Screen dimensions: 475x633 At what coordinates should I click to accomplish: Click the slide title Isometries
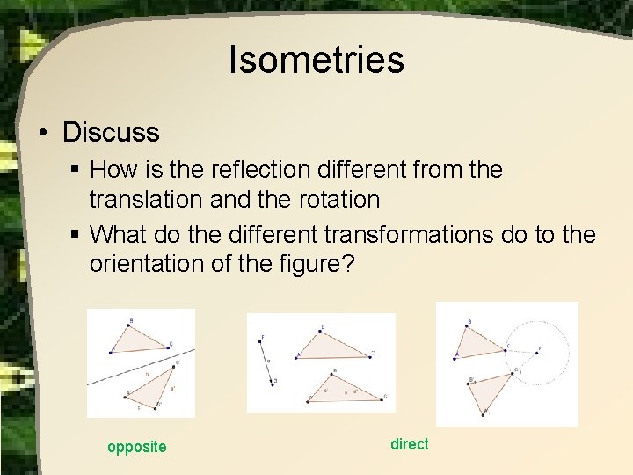(x=316, y=60)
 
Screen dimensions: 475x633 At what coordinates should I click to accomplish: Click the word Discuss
(x=111, y=133)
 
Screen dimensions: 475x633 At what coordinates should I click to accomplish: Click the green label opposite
(x=136, y=447)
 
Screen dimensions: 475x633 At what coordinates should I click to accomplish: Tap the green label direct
(x=410, y=444)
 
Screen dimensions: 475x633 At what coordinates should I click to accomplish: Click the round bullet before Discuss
(x=42, y=134)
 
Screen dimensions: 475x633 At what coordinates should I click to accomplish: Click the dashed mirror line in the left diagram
(x=141, y=370)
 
